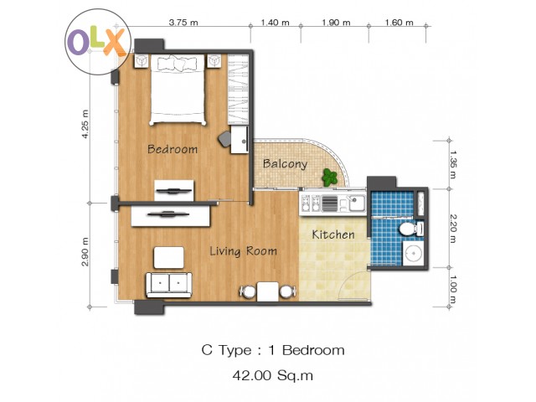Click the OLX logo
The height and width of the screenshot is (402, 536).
[x=98, y=42]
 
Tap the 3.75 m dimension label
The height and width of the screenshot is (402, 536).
[x=183, y=23]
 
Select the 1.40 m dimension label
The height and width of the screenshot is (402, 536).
[x=275, y=23]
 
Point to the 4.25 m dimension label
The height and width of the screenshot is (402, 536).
[x=85, y=124]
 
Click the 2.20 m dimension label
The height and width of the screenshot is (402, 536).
[x=452, y=229]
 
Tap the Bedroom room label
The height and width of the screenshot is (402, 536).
[x=173, y=149]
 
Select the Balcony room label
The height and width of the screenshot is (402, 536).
[x=285, y=164]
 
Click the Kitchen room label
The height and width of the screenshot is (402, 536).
[x=333, y=234]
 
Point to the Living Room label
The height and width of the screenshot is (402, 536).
[x=243, y=251]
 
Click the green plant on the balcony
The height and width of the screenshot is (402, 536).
[x=329, y=178]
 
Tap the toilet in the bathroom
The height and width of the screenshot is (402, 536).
[x=411, y=229]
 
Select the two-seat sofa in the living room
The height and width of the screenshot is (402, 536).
[x=169, y=285]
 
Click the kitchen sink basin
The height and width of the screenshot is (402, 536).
[x=357, y=204]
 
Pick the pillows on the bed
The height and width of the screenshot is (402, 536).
[x=177, y=64]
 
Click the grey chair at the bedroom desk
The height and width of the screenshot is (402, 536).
[x=224, y=139]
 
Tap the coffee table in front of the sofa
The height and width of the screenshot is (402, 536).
[x=169, y=257]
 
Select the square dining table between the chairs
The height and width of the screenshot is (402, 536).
[x=268, y=291]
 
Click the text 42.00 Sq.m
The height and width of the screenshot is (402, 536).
[x=273, y=375]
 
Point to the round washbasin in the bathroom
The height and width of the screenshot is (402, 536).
[x=414, y=253]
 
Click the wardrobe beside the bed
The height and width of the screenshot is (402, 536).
[x=238, y=90]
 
